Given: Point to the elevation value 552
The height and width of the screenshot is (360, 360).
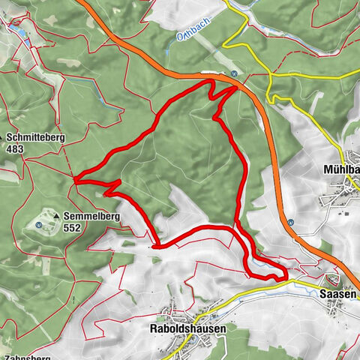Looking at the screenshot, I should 72,228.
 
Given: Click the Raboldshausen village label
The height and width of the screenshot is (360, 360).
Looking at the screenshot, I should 182,307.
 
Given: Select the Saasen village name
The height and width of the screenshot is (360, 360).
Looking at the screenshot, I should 334,295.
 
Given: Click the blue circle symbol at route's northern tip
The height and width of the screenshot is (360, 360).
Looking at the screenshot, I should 234,73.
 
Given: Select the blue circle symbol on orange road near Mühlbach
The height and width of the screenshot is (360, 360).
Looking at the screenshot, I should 290,222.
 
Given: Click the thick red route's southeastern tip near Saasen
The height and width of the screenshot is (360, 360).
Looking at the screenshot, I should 286,277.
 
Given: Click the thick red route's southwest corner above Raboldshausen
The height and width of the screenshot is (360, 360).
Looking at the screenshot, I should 155,244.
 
